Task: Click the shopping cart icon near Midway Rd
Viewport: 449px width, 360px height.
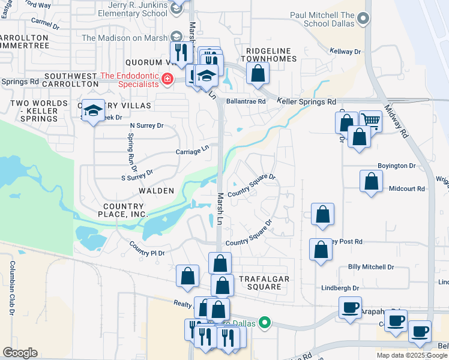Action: (x=370, y=121)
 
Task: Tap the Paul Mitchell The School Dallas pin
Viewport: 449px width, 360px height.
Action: (x=363, y=20)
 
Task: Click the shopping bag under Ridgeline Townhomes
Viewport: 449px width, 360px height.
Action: (x=258, y=74)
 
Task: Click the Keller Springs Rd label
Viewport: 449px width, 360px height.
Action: (x=306, y=102)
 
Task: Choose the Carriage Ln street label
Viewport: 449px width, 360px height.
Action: (x=192, y=151)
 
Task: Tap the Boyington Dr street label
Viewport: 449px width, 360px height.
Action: (x=396, y=166)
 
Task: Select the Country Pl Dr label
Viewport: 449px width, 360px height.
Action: (x=147, y=249)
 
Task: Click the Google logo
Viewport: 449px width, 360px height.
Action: (x=20, y=352)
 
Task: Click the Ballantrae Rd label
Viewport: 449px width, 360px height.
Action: (x=246, y=101)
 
